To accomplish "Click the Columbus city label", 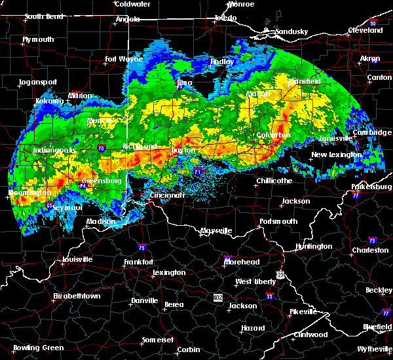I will [x=274, y=135].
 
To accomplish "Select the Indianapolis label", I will [x=55, y=150].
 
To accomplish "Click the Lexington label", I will [x=169, y=272].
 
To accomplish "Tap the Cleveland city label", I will [x=365, y=30].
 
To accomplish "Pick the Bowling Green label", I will [x=36, y=348].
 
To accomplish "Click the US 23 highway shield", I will [x=280, y=275].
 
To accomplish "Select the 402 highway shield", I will [x=217, y=298].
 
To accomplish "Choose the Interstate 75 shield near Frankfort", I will [x=142, y=247].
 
